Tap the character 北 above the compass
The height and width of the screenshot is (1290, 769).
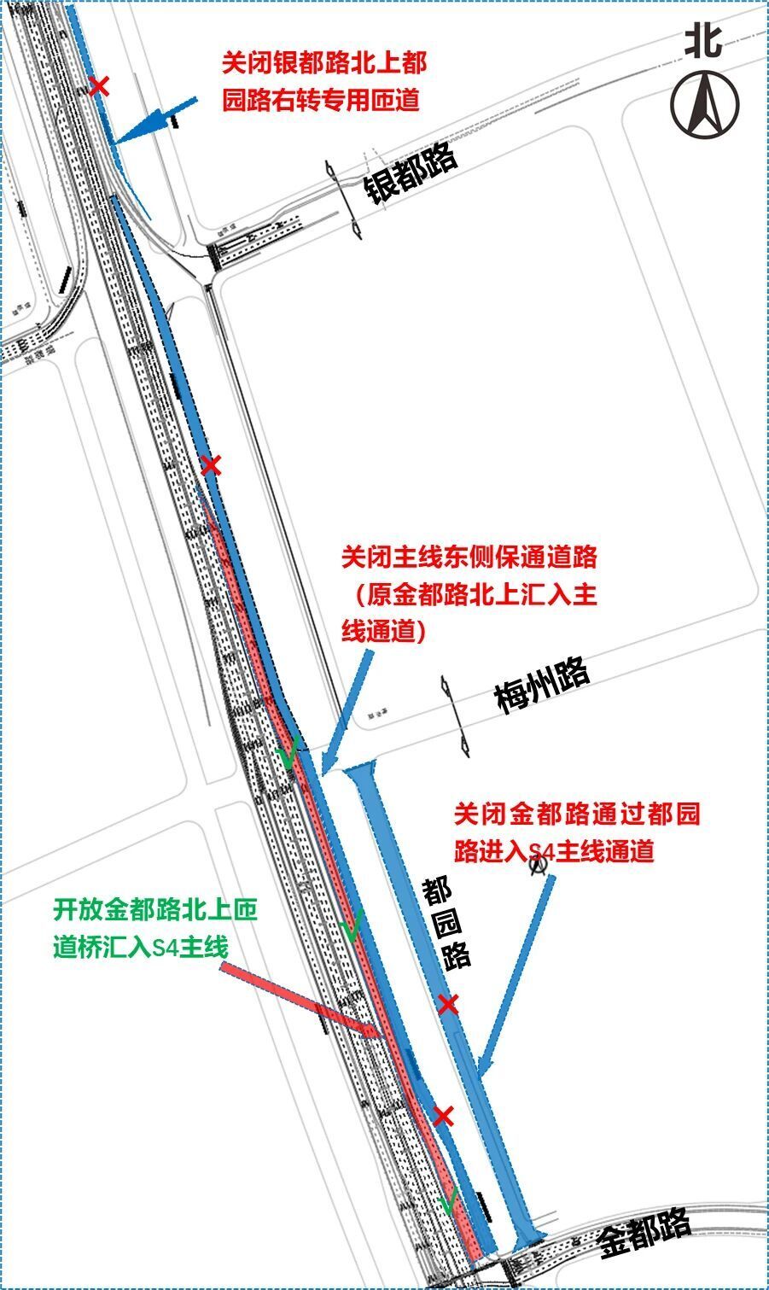tap(703, 39)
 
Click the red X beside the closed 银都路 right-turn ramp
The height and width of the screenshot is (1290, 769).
tap(100, 85)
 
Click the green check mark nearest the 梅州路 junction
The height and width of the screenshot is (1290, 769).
tap(287, 752)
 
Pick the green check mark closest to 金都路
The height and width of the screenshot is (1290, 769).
tap(448, 1202)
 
